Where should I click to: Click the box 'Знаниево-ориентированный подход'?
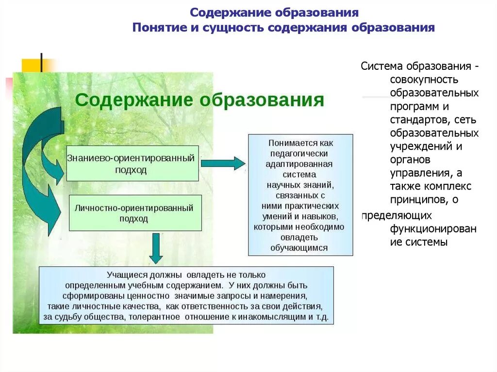pos(132,163)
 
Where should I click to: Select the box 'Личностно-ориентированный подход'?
pos(135,213)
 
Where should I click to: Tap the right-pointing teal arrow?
pos(223,163)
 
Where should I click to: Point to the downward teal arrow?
pos(156,248)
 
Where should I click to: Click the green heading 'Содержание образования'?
pos(199,100)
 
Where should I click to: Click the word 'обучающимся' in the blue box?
pos(301,247)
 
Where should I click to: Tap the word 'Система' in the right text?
pos(382,66)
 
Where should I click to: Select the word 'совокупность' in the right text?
pos(424,79)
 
